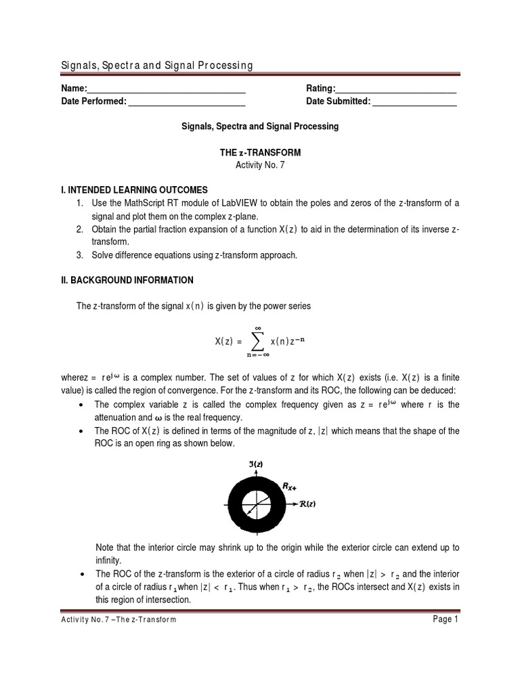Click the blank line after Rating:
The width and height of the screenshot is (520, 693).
396,89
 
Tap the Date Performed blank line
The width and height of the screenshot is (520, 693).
186,102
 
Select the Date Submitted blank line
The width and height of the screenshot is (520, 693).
414,102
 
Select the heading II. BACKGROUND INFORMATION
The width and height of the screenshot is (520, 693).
127,280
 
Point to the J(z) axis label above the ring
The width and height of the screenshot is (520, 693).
256,464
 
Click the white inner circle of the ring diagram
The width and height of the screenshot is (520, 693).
256,504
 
